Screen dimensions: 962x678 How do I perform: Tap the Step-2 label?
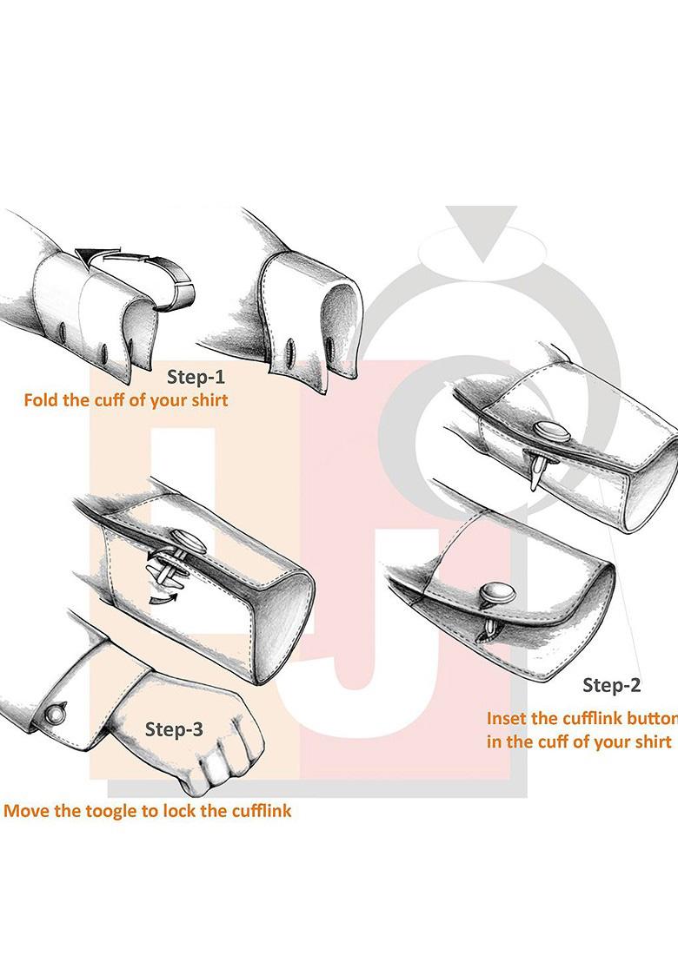(x=611, y=685)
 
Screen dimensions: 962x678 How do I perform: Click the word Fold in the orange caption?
(x=42, y=401)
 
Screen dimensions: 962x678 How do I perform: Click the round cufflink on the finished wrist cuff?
(x=56, y=714)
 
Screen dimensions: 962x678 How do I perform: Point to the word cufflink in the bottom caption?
(x=260, y=811)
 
